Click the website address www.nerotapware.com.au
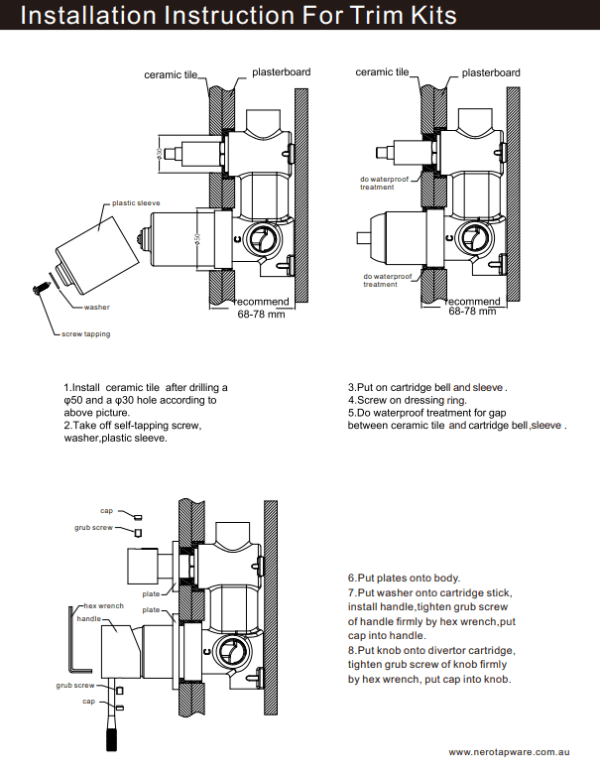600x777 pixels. [515, 752]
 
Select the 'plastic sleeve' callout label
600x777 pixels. [136, 202]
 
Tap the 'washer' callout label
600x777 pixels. [96, 308]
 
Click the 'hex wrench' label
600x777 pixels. [104, 605]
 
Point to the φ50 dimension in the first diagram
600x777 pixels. [197, 238]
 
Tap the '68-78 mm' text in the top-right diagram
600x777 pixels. [472, 312]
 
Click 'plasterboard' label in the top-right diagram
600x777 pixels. [491, 72]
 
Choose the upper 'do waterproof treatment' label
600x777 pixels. [384, 184]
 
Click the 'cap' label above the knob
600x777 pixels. [106, 511]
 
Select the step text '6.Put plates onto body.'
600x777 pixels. [404, 578]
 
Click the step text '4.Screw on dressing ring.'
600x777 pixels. [407, 400]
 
